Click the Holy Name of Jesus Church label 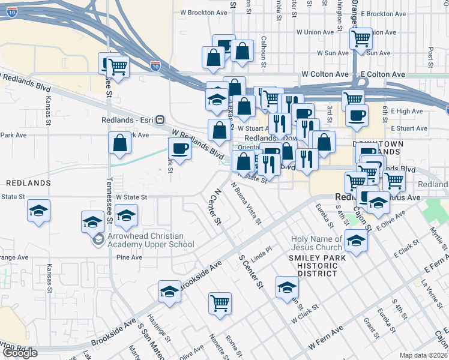317,243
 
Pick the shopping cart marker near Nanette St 220,302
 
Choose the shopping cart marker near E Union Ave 361,38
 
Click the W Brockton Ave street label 204,13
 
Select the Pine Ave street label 129,257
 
